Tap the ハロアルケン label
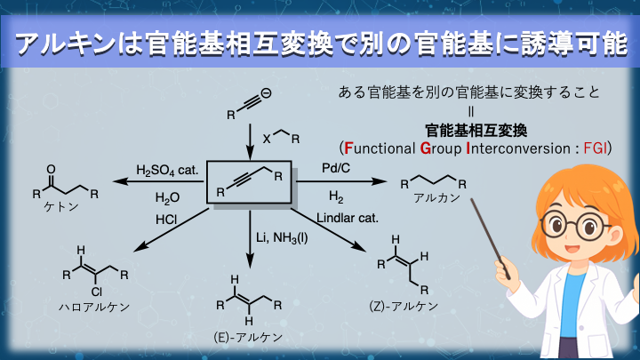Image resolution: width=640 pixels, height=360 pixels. click(x=92, y=307)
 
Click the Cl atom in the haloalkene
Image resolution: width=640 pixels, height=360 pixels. click(x=86, y=289)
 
